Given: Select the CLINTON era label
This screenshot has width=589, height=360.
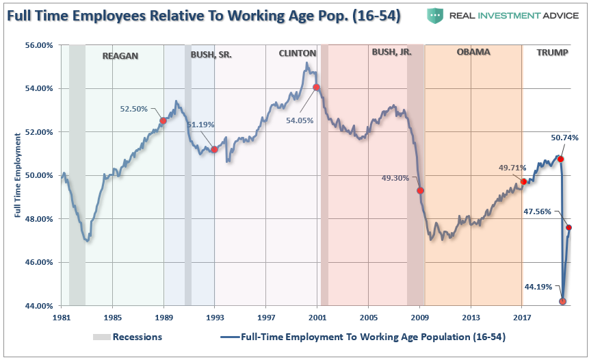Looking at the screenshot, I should (x=297, y=53).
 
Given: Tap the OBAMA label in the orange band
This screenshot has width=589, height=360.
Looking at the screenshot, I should (x=473, y=52).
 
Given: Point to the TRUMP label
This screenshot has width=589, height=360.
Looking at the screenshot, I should (x=552, y=53).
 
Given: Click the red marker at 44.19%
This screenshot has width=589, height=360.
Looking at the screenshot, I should (x=562, y=301).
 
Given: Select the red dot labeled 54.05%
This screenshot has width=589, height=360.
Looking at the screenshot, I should (x=316, y=88).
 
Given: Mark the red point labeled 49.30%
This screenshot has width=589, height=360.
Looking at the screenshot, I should (x=421, y=190).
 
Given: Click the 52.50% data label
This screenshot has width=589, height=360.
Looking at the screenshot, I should (x=134, y=108).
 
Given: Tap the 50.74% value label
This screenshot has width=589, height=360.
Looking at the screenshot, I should (x=564, y=138).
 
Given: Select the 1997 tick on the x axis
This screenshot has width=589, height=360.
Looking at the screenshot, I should (x=266, y=318).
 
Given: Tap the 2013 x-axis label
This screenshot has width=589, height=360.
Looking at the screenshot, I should (x=471, y=318).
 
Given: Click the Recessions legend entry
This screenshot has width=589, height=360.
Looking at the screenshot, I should (x=137, y=337).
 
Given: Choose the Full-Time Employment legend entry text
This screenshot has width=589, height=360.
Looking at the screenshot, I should (x=373, y=337).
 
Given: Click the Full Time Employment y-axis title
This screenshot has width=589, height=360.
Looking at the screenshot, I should (x=16, y=175).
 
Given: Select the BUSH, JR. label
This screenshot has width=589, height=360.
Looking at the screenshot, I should (x=391, y=53).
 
